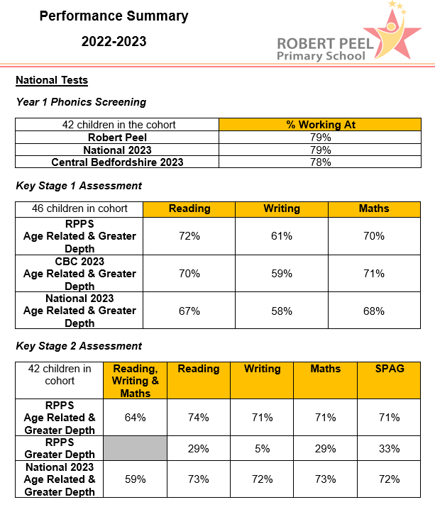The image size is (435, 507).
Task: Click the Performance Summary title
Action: pos(114,16)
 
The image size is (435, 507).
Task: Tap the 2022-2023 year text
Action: pos(114,42)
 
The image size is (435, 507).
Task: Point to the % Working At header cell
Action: pos(321,125)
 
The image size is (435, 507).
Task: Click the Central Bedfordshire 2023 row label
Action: pos(117,162)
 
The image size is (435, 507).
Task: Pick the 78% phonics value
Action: pos(321,162)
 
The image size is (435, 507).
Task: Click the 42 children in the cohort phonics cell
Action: pos(118,125)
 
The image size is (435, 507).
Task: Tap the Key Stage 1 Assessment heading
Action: pos(79,186)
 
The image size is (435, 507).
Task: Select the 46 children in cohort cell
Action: pos(79,208)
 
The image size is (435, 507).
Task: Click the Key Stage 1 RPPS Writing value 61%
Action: pos(282,236)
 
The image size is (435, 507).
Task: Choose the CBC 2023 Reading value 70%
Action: pos(189,273)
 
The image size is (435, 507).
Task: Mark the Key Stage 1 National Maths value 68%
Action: pos(374,311)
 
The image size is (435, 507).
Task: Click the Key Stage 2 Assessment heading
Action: pos(79,346)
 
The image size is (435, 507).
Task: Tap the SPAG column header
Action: pos(390,369)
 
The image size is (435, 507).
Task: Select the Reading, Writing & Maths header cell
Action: pos(135,381)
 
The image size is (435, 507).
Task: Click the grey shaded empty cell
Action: pos(135,449)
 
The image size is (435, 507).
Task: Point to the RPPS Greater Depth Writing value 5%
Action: pos(262,449)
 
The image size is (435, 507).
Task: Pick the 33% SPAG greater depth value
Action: pos(390,449)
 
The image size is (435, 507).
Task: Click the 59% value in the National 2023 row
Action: pos(135,479)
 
